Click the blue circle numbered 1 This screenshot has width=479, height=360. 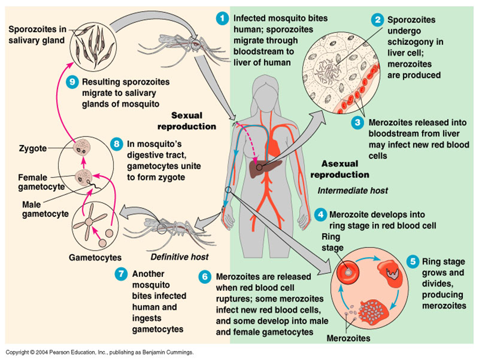[x=222, y=18]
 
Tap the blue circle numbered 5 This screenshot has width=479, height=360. [x=413, y=261]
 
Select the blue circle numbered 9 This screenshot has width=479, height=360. [x=72, y=82]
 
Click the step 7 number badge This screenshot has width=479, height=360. [x=121, y=274]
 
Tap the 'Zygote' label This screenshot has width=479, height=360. [x=33, y=148]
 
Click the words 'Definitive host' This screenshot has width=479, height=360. [x=179, y=257]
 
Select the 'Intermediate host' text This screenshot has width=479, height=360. [x=353, y=191]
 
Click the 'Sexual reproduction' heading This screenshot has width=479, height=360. [x=187, y=121]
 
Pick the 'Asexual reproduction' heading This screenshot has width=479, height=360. [x=340, y=169]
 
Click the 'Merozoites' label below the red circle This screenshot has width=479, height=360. [x=348, y=338]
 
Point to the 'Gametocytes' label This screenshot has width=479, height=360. [x=95, y=257]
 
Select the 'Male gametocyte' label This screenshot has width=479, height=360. [x=45, y=209]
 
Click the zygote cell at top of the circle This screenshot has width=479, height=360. [x=82, y=147]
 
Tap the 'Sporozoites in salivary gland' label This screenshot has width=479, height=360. [x=37, y=35]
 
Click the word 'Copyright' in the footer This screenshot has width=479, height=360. [x=17, y=352]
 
